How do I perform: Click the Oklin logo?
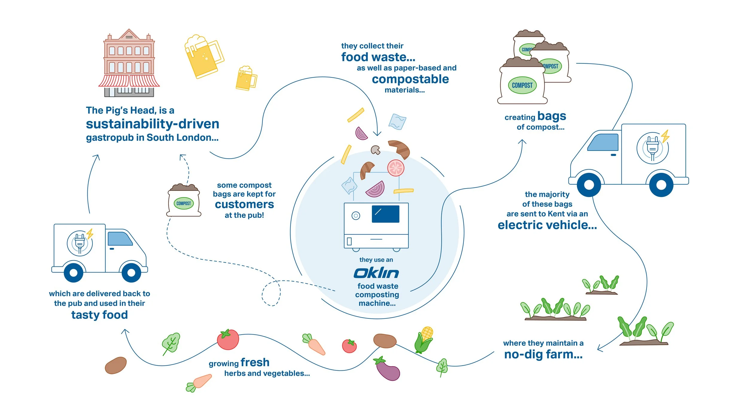pyautogui.click(x=376, y=273)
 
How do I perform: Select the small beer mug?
pyautogui.click(x=246, y=78)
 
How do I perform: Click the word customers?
pyautogui.click(x=244, y=205)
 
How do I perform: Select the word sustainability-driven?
pyautogui.click(x=153, y=124)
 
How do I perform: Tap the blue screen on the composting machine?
pyautogui.click(x=385, y=214)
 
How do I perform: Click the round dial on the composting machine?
pyautogui.click(x=356, y=216)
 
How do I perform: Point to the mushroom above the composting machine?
pyautogui.click(x=375, y=150)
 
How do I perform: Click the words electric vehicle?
pyautogui.click(x=547, y=225)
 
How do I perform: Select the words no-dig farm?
pyautogui.click(x=543, y=355)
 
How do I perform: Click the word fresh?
pyautogui.click(x=255, y=363)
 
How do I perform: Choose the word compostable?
pyautogui.click(x=410, y=79)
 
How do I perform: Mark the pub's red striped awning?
pyautogui.click(x=129, y=81)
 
